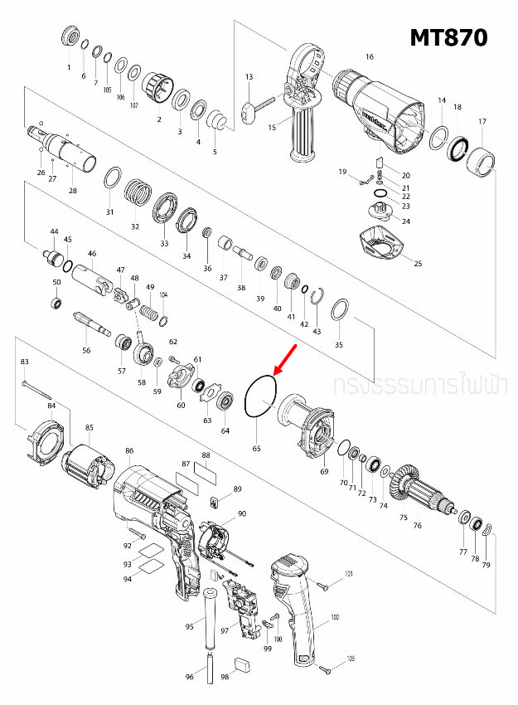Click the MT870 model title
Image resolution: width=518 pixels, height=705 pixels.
pos(448,37)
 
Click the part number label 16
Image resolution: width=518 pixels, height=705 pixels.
pos(370,57)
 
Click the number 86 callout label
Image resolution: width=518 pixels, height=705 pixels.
pos(129,451)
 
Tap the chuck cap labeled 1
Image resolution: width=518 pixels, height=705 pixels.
pos(70,38)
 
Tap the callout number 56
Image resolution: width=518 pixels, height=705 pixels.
pos(86,351)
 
